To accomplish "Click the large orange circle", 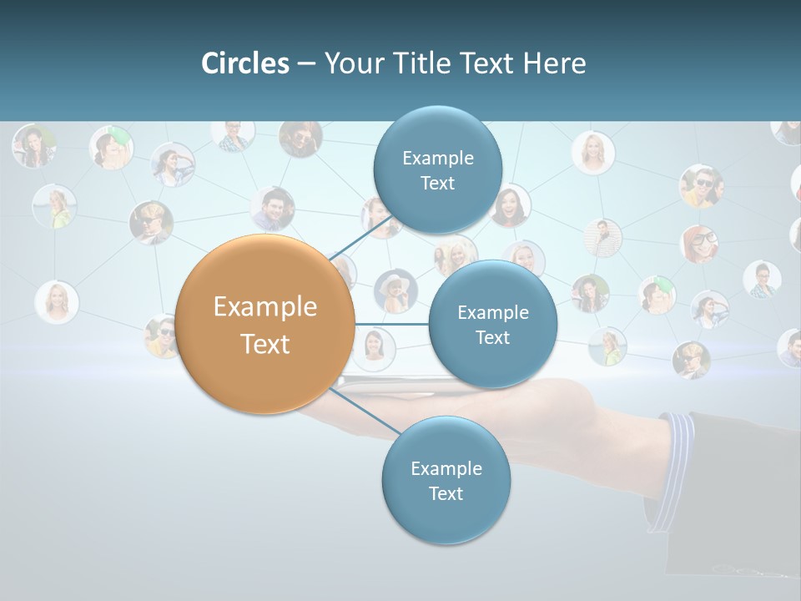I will coord(265,324).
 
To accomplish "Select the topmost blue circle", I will coord(437,169).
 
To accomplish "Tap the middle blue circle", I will coord(492,324).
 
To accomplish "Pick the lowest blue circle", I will coord(446,480).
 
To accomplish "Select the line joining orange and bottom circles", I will coord(367,412).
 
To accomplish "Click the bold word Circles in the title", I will coord(245,63).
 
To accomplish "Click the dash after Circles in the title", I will coord(305,63).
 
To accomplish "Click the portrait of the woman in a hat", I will coord(395,290).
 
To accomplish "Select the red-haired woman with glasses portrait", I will coord(699,244).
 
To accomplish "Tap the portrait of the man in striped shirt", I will coord(602,237).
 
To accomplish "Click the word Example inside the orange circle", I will coord(265,307).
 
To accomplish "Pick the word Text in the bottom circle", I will coord(446,493).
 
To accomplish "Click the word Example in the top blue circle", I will coord(437,158).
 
